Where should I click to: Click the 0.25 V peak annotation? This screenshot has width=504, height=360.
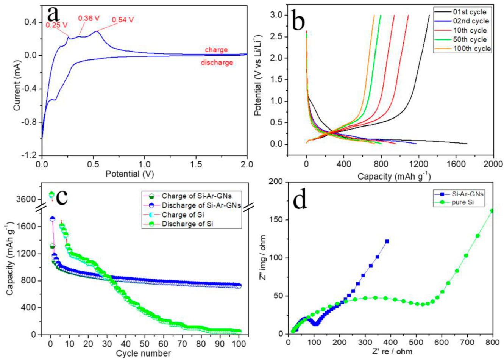pyautogui.click(x=56, y=25)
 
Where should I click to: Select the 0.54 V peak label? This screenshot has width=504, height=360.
pyautogui.click(x=122, y=20)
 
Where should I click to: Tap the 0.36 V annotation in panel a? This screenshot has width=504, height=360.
pyautogui.click(x=89, y=18)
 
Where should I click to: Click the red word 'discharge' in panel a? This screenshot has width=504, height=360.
pyautogui.click(x=217, y=63)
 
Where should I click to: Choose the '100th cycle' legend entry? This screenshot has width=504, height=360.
pyautogui.click(x=471, y=49)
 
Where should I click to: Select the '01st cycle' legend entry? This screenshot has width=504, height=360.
pyautogui.click(x=469, y=12)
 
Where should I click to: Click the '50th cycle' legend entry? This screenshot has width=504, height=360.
pyautogui.click(x=470, y=39)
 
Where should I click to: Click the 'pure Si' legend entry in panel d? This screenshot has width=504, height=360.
pyautogui.click(x=462, y=202)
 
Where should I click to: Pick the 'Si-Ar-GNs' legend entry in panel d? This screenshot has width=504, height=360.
pyautogui.click(x=467, y=194)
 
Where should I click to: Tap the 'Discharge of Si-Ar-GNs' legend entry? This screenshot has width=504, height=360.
pyautogui.click(x=201, y=205)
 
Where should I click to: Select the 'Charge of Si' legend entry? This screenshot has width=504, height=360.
pyautogui.click(x=183, y=214)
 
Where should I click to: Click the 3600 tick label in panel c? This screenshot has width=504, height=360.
pyautogui.click(x=26, y=199)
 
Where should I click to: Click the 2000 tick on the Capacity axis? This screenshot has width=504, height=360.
pyautogui.click(x=493, y=164)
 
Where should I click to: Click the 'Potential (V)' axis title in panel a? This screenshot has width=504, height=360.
pyautogui.click(x=130, y=174)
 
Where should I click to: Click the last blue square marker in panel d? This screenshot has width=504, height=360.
pyautogui.click(x=387, y=241)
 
